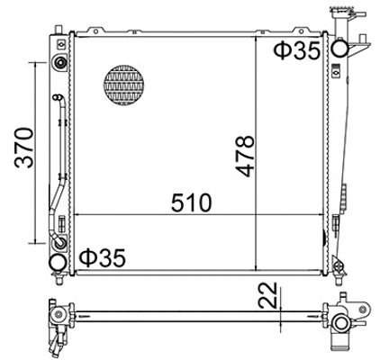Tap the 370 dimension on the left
point(23,148)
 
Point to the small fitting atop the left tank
point(59,63)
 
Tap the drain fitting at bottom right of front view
point(339,264)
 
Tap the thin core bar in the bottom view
point(198,314)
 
